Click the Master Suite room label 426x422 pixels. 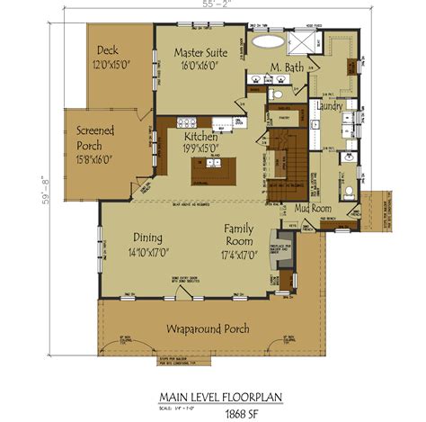point(200,53)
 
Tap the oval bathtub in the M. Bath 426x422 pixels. point(267,40)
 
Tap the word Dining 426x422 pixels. point(148,238)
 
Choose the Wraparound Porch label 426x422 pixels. point(208,328)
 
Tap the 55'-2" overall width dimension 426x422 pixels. point(214,4)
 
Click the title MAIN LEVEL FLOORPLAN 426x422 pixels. point(212,392)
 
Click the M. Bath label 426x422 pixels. point(287,67)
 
